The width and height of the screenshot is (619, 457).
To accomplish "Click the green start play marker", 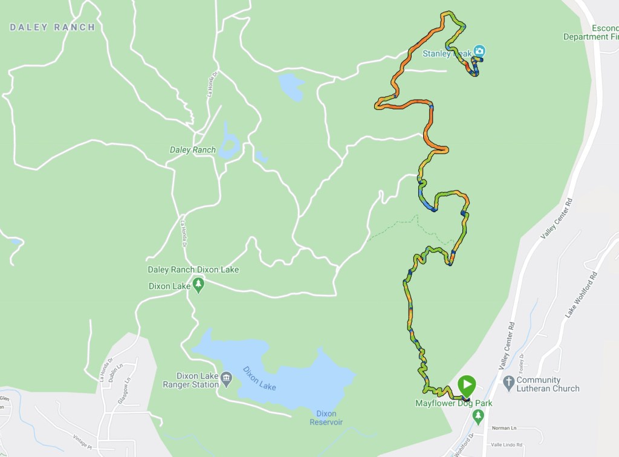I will pos(467,384).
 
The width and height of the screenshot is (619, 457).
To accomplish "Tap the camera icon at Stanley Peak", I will pos(479,51).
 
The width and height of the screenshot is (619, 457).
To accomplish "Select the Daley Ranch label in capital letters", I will pos(53,27).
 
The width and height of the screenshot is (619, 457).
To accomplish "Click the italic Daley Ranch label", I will pos(193,150).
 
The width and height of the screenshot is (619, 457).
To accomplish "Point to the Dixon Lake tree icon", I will pos(198,285).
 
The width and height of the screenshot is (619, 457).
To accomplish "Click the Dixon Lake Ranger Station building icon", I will pos(226,379).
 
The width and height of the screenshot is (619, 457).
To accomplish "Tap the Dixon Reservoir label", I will pos(326,418).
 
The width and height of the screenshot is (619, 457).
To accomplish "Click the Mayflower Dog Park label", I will pos(453,403).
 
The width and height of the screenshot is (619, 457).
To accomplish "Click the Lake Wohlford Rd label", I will pos(578,296).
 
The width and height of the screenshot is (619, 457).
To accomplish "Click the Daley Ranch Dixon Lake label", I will pos(193,270).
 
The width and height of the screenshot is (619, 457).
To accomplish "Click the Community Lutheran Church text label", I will pos(548,384).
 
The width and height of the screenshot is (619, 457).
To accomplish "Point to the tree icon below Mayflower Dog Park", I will pos(478,415).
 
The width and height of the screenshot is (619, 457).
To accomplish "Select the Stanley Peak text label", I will pos(446,54).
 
